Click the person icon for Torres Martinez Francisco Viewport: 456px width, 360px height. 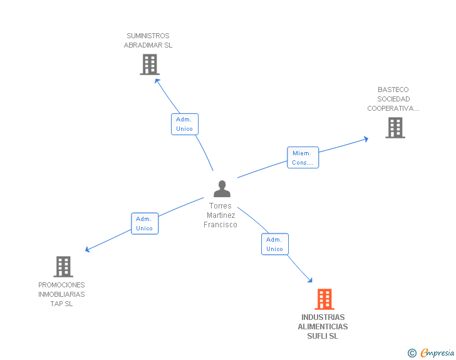pos(222,188)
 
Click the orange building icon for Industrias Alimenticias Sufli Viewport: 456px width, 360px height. pos(324,299)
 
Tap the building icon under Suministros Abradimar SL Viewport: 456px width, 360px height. pos(149,64)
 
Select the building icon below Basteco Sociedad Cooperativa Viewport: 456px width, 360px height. pos(395,128)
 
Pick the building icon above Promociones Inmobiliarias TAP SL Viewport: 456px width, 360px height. pos(63,267)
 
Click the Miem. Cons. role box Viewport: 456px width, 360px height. pos(303,158)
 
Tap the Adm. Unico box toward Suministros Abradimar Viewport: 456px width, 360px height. pos(184,124)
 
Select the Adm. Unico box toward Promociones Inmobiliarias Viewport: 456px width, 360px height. pos(145,224)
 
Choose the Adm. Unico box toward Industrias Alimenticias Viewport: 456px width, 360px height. pos(274,244)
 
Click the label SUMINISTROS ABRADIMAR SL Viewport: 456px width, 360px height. pos(148,41)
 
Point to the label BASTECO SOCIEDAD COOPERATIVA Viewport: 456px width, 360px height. pos(393,99)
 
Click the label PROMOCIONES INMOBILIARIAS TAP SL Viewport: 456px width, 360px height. pos(61,294)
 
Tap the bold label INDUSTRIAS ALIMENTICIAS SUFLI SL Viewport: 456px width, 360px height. pos(323,327)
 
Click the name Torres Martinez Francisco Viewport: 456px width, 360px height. pos(220,215)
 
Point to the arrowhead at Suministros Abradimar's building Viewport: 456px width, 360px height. pos(157,80)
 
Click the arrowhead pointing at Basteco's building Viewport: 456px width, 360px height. pos(366,139)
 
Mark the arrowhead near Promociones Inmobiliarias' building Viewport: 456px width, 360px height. pos(88,250)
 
